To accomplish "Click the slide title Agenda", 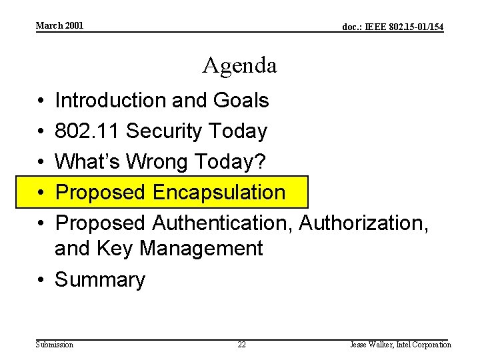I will pyautogui.click(x=240, y=65).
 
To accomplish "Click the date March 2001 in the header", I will pyautogui.click(x=59, y=25).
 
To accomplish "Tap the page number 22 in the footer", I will pyautogui.click(x=241, y=345).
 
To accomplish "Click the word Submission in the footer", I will pyautogui.click(x=55, y=345).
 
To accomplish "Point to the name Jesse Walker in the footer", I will pyautogui.click(x=370, y=345).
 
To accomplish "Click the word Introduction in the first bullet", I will pyautogui.click(x=111, y=101).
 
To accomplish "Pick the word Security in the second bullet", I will pyautogui.click(x=167, y=131).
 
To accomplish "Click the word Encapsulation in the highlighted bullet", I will pyautogui.click(x=219, y=193).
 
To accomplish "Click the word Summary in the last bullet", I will pyautogui.click(x=99, y=280).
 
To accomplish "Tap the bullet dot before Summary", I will pyautogui.click(x=41, y=280).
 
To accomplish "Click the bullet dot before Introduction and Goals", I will pyautogui.click(x=41, y=101).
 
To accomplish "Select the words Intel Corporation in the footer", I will pyautogui.click(x=425, y=345).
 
